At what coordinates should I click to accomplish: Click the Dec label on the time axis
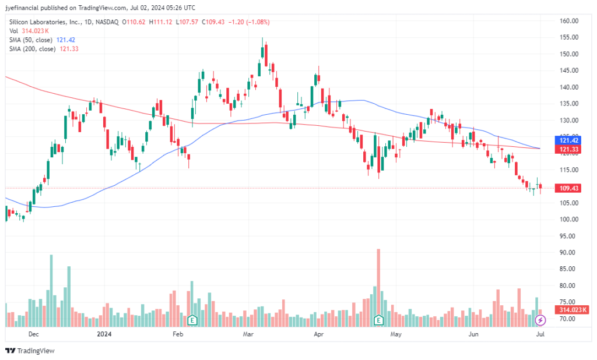click(x=33, y=334)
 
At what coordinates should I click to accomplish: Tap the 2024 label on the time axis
click(x=104, y=334)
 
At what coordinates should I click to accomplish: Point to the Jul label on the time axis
click(x=540, y=334)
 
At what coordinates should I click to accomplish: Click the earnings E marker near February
click(x=192, y=319)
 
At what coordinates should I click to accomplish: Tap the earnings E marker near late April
click(x=378, y=319)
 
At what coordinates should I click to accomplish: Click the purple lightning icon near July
click(x=540, y=319)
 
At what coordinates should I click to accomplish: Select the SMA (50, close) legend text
click(x=32, y=40)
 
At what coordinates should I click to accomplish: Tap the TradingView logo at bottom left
click(x=30, y=351)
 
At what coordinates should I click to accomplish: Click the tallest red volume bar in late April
click(x=378, y=280)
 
